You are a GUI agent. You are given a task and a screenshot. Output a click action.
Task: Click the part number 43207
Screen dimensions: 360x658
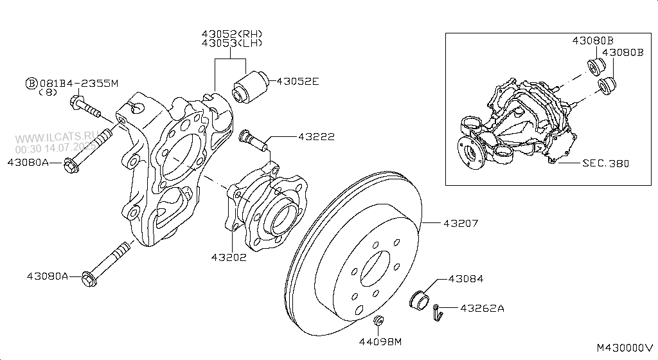click(461, 223)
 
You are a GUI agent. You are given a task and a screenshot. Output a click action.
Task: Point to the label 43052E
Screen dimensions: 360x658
click(298, 82)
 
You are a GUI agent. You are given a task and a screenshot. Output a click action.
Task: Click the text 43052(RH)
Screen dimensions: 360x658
click(231, 33)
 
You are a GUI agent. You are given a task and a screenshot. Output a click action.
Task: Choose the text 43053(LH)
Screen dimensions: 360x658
click(231, 43)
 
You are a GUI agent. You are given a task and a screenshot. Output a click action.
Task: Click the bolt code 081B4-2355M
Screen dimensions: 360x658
click(79, 83)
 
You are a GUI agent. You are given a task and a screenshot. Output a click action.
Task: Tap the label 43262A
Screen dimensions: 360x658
click(482, 308)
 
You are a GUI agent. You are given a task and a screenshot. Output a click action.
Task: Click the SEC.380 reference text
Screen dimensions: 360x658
click(605, 163)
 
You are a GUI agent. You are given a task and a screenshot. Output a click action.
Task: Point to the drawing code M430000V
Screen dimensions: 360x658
click(624, 348)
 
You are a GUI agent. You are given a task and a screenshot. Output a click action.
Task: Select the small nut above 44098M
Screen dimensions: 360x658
click(379, 321)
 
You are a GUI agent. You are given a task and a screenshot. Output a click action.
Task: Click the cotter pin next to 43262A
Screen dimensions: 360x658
click(438, 311)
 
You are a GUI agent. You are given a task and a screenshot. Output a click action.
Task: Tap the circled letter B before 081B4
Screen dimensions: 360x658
click(30, 83)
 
